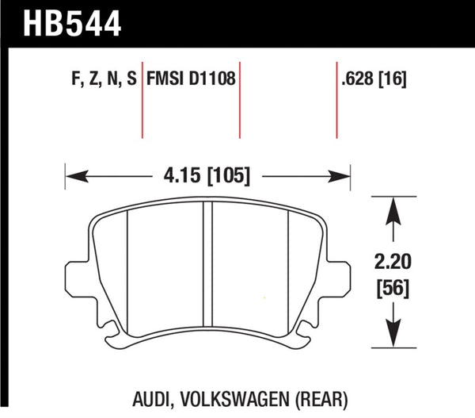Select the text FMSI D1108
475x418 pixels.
click(x=190, y=80)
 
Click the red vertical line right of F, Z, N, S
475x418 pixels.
click(x=142, y=99)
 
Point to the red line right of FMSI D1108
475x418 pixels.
click(x=240, y=99)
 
